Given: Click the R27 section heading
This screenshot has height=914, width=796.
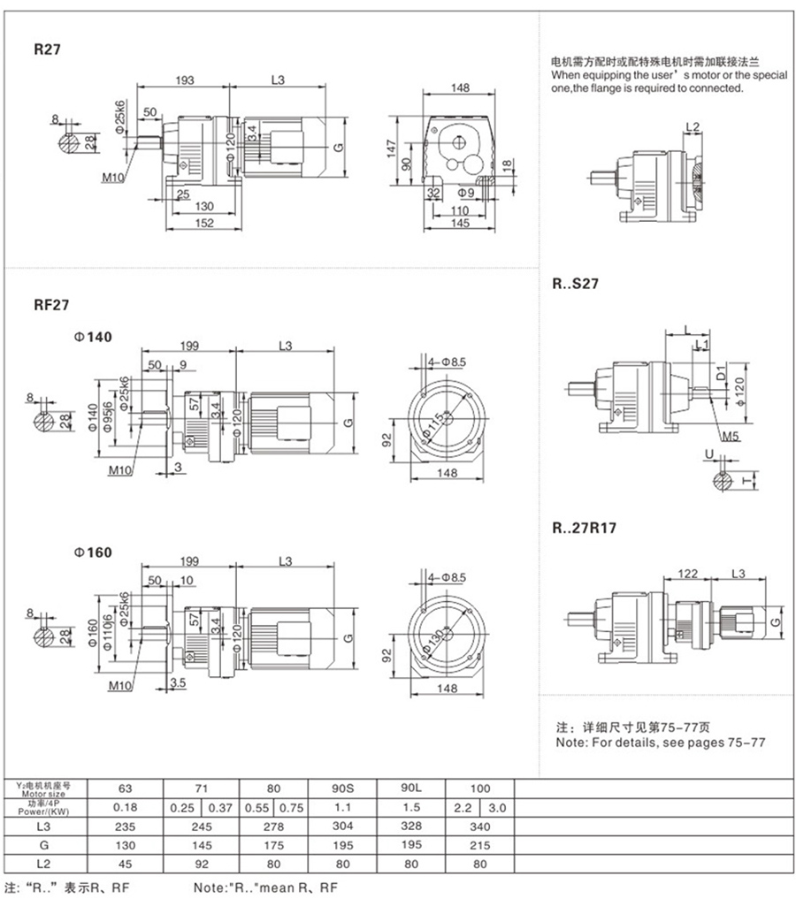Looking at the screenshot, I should (x=47, y=50).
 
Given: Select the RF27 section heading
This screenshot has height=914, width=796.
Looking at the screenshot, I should (x=51, y=304).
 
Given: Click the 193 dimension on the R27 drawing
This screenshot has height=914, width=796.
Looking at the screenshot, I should (x=184, y=80).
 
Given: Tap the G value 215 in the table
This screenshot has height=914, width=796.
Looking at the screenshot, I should (x=478, y=846).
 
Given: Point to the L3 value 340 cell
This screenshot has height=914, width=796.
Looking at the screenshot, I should (x=478, y=827).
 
